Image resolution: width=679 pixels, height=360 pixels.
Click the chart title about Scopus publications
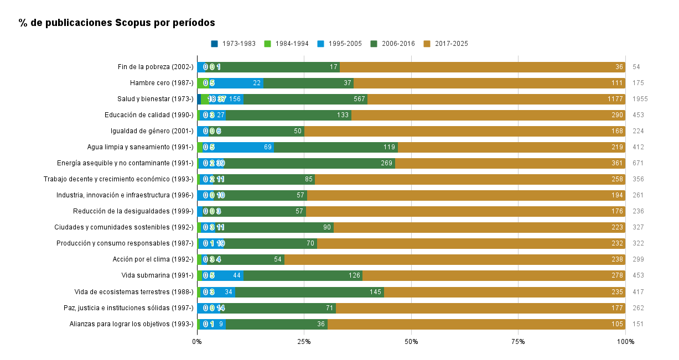pyautogui.click(x=117, y=23)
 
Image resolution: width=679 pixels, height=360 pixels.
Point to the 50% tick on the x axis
pyautogui.click(x=411, y=342)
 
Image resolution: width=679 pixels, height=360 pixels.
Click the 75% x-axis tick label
pyautogui.click(x=518, y=342)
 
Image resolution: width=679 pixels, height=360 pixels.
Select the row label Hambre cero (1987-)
pyautogui.click(x=162, y=83)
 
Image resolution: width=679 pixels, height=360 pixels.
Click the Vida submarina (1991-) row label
pyautogui.click(x=157, y=275)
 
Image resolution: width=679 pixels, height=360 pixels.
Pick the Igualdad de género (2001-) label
pyautogui.click(x=152, y=131)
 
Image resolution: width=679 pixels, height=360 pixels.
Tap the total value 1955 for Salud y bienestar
pyautogui.click(x=640, y=99)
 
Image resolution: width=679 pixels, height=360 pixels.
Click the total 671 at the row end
pyautogui.click(x=638, y=163)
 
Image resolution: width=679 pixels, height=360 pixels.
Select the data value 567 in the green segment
pyautogui.click(x=359, y=99)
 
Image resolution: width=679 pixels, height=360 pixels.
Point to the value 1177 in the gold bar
pyautogui.click(x=615, y=99)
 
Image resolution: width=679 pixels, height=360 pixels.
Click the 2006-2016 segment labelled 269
pyautogui.click(x=386, y=163)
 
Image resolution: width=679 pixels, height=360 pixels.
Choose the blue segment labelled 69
pyautogui.click(x=268, y=147)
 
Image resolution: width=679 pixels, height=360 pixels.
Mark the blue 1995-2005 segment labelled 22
pyautogui.click(x=257, y=83)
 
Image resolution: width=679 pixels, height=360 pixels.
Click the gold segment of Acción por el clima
pyautogui.click(x=454, y=259)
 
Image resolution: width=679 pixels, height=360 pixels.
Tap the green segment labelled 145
pyautogui.click(x=376, y=291)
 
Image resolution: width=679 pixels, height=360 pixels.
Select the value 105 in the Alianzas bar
pyautogui.click(x=618, y=324)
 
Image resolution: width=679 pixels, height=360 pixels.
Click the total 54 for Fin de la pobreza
pyautogui.click(x=636, y=67)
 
